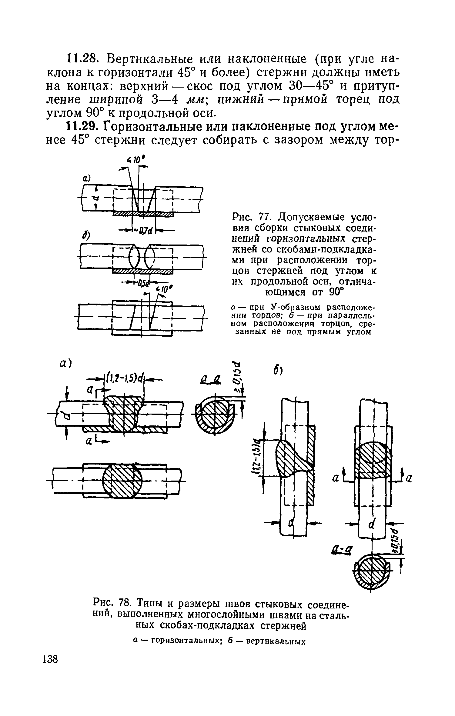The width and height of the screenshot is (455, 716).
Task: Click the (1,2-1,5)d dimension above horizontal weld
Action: pyautogui.click(x=124, y=379)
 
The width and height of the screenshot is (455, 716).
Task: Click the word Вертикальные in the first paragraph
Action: pyautogui.click(x=149, y=58)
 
